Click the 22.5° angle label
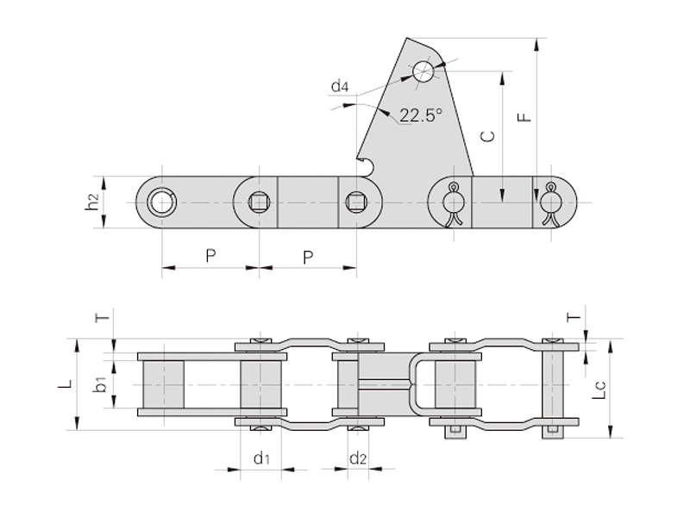point(420,115)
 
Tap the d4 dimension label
point(340,86)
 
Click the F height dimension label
point(524,117)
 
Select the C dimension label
point(487,136)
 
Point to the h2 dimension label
point(92,202)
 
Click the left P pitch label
point(210,255)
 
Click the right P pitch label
point(308,257)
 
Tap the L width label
point(66,384)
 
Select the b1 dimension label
point(101,384)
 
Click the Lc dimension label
point(599,390)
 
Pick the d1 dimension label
point(262,458)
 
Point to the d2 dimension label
point(358,458)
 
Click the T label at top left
point(102,315)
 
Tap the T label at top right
point(574,316)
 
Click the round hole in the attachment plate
point(423,71)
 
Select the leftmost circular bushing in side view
point(162,202)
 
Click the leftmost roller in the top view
point(163,384)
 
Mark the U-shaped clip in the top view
point(422,385)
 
